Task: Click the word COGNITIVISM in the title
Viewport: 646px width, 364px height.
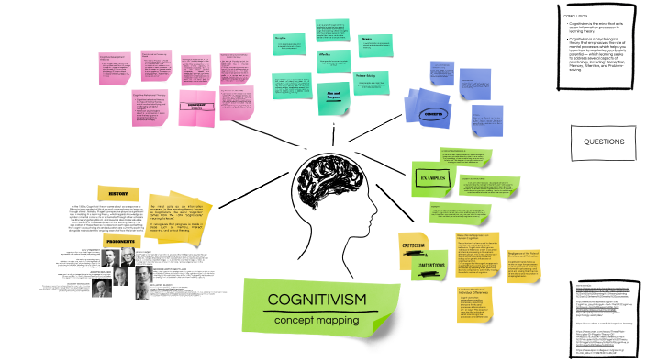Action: tap(316, 300)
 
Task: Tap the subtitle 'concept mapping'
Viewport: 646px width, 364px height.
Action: tap(316, 320)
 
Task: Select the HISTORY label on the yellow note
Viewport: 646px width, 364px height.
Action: tap(118, 194)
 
